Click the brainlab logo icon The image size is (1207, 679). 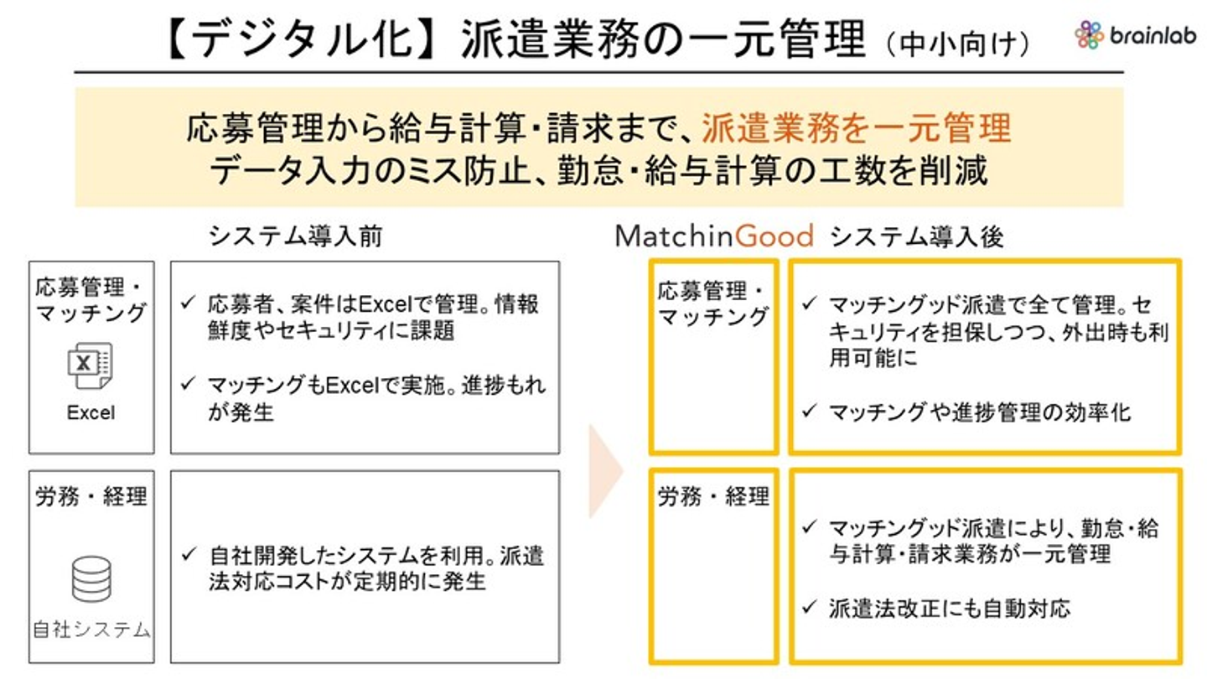pos(1089,35)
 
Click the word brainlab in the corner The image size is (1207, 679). pos(1153,35)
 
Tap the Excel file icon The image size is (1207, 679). pos(90,365)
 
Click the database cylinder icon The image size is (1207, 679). pos(91,579)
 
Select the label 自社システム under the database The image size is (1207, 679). pos(91,630)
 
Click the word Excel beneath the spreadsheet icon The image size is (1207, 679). pos(91,412)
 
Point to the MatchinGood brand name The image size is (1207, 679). pos(714,236)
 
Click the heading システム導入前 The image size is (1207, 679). pos(295,236)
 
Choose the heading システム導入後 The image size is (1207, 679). pos(917,236)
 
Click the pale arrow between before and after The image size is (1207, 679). pos(605,471)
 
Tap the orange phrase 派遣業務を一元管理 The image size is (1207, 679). pos(857,128)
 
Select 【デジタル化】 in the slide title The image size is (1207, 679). pos(300,39)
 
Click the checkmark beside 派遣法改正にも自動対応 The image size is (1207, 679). pos(809,607)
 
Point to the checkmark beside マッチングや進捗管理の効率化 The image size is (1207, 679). pos(809,411)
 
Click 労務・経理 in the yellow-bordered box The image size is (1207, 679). pos(713,496)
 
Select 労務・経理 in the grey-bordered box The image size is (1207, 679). pos(91,496)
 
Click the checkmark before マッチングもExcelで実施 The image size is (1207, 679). pos(188,383)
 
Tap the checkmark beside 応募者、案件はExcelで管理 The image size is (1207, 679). pos(188,303)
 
